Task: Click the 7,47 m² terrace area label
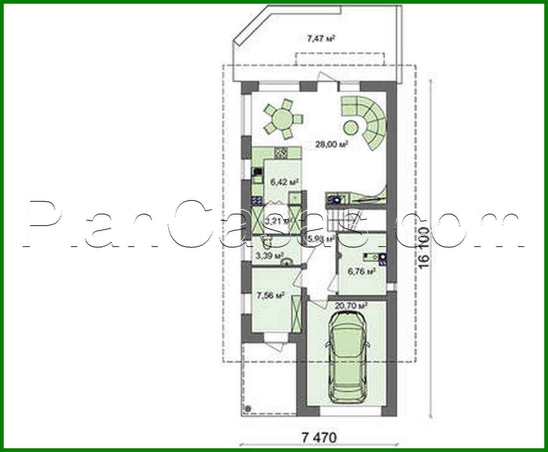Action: tap(320, 39)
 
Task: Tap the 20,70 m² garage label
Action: tap(351, 306)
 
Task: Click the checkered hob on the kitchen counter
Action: tap(281, 153)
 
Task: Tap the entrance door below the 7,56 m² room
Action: tap(276, 342)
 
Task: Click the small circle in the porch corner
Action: tap(247, 409)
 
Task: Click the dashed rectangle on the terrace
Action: tap(340, 59)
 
